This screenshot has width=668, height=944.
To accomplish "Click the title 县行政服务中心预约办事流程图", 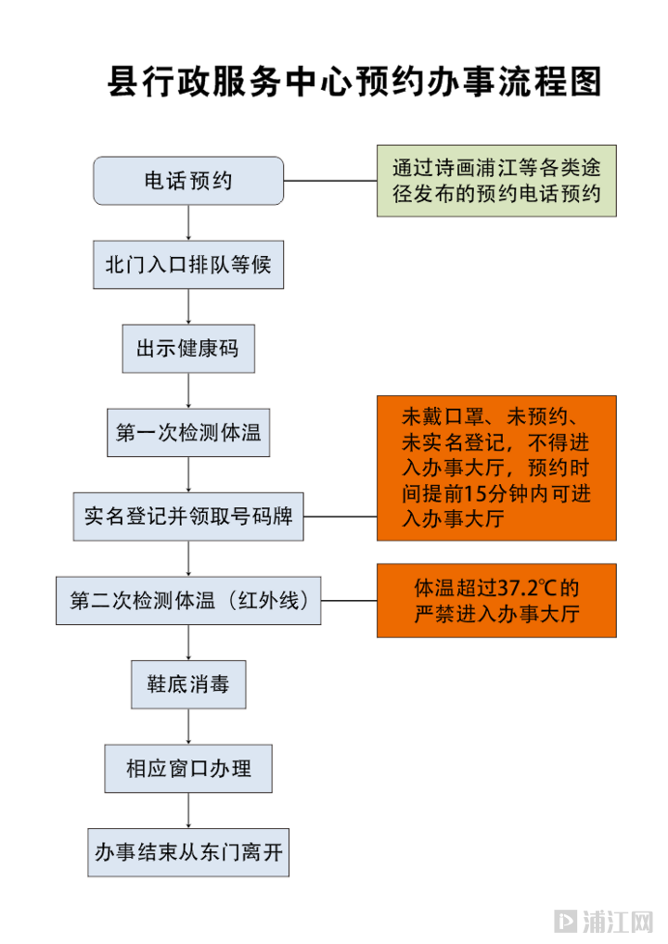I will (x=355, y=83).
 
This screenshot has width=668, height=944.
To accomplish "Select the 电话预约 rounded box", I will (x=188, y=181).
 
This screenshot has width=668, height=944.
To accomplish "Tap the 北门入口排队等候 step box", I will (x=188, y=264).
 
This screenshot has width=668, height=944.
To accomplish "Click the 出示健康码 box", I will (x=188, y=349).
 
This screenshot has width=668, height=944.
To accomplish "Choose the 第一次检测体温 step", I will (x=188, y=433).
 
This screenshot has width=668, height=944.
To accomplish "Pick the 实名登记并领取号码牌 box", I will (x=189, y=517).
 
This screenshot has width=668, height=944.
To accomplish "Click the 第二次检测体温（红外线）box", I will (x=189, y=600).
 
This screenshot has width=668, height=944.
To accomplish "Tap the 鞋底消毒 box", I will (x=188, y=685).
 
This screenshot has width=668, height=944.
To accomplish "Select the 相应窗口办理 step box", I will (x=188, y=768).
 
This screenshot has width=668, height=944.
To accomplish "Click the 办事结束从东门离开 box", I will (x=188, y=851).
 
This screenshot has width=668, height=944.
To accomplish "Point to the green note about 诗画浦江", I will (x=496, y=182).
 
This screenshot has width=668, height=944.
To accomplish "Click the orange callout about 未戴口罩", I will (x=496, y=468).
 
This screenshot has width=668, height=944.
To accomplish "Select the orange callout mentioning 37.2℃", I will (x=496, y=600).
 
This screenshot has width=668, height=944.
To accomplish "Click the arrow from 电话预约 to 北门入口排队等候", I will (x=188, y=223).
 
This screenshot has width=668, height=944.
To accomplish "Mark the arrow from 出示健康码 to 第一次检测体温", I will (x=188, y=390).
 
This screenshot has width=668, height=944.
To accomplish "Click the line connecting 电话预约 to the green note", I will (x=329, y=181).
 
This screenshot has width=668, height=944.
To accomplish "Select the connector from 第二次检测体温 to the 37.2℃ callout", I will (x=349, y=600).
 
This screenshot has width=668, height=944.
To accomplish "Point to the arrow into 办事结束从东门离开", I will (x=188, y=810).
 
